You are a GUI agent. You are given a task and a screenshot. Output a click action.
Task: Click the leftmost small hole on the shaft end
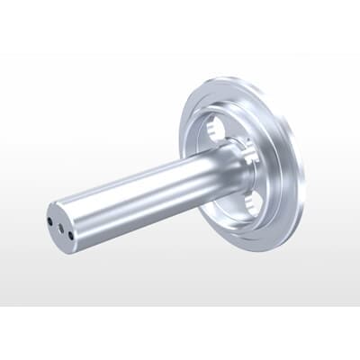click(50, 219)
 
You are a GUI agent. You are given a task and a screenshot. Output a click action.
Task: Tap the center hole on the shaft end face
click(60, 229)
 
